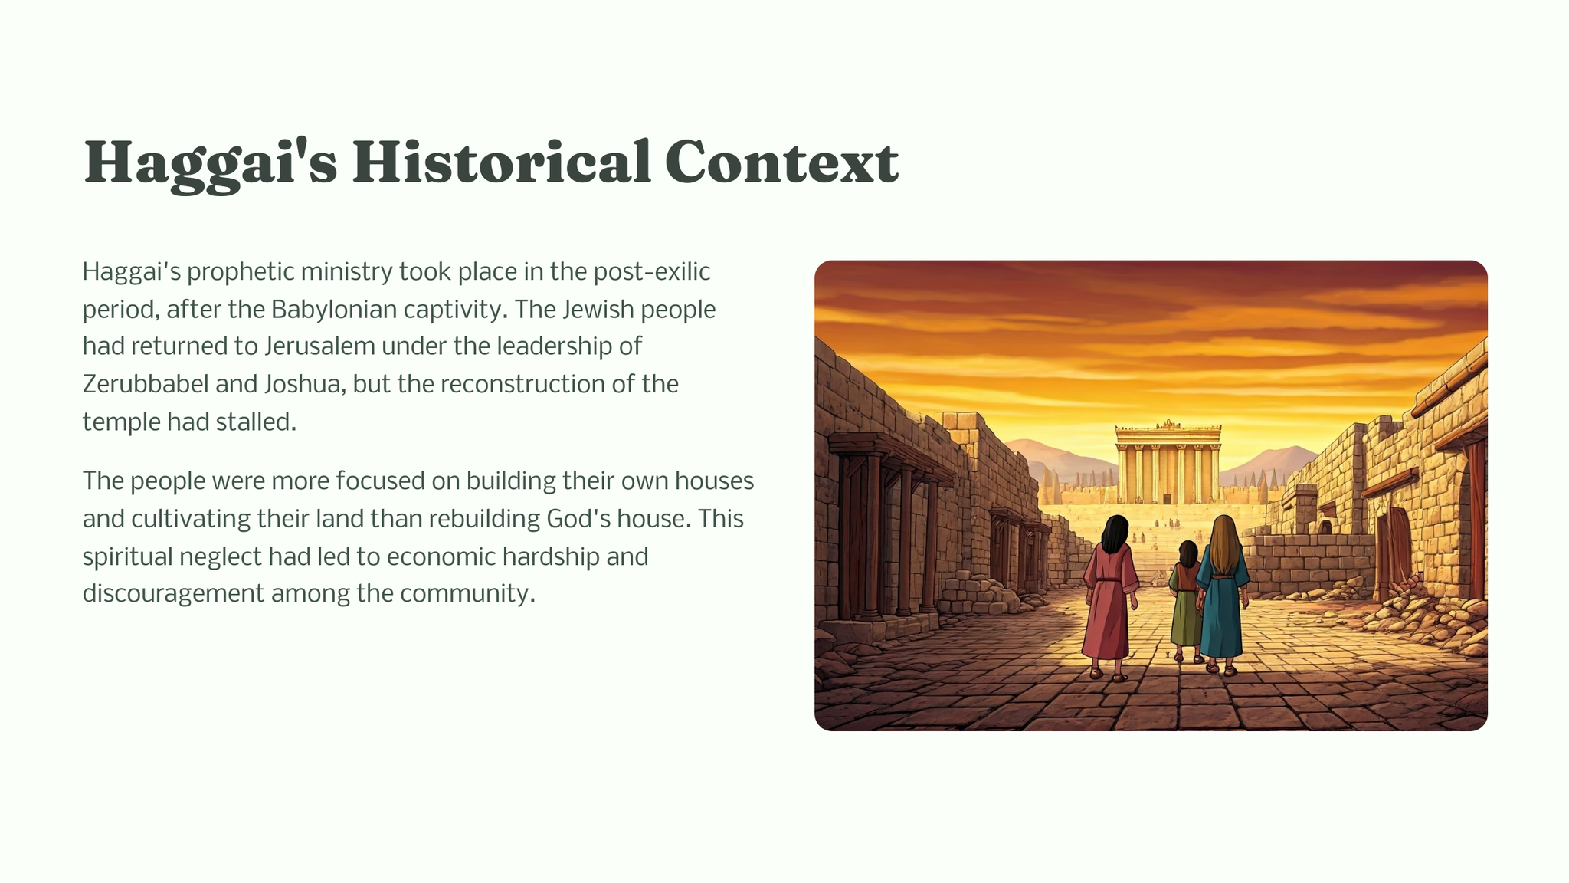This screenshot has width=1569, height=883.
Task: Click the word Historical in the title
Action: [501, 162]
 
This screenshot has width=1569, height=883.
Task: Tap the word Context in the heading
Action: [781, 162]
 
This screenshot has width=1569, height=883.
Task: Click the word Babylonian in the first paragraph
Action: [334, 309]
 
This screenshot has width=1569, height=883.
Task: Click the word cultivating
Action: [190, 519]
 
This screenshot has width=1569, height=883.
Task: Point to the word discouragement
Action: [173, 594]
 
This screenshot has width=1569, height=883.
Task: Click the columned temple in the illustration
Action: [1167, 461]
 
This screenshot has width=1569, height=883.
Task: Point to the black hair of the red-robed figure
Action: [1115, 534]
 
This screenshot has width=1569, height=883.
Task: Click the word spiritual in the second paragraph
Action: [128, 556]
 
